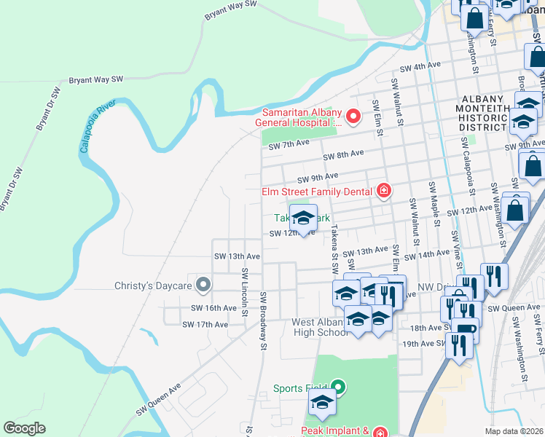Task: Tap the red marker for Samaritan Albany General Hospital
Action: pyautogui.click(x=353, y=117)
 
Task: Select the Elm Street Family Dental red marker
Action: pyautogui.click(x=383, y=192)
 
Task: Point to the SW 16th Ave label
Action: pyautogui.click(x=214, y=308)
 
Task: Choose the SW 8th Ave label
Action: pyautogui.click(x=344, y=154)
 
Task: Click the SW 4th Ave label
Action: pyautogui.click(x=427, y=66)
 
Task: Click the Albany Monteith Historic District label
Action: pyautogui.click(x=482, y=113)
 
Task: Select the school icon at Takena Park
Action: pyautogui.click(x=303, y=217)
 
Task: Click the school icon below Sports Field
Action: pyautogui.click(x=321, y=401)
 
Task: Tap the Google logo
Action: pyautogui.click(x=25, y=428)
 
